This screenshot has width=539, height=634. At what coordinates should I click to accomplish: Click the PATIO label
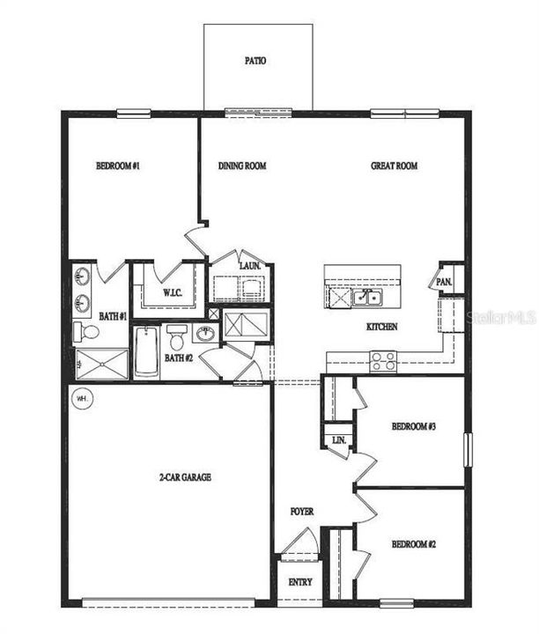pyautogui.click(x=255, y=62)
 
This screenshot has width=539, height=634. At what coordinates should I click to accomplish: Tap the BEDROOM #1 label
pyautogui.click(x=118, y=166)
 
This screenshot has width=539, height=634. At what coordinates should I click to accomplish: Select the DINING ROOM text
pyautogui.click(x=242, y=166)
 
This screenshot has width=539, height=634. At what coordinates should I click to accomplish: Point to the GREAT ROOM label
pyautogui.click(x=394, y=166)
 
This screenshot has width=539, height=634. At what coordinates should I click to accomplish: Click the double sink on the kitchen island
pyautogui.click(x=367, y=298)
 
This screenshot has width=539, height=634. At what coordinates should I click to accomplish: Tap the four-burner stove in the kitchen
pyautogui.click(x=383, y=360)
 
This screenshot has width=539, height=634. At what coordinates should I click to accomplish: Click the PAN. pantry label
pyautogui.click(x=444, y=282)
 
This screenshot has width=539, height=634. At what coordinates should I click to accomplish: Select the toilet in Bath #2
pyautogui.click(x=177, y=335)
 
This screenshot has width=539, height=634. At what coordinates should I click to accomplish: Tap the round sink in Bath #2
pyautogui.click(x=204, y=334)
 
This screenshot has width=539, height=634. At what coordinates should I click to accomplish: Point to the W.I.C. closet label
pyautogui.click(x=171, y=292)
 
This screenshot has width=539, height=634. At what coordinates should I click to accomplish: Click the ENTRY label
pyautogui.click(x=299, y=583)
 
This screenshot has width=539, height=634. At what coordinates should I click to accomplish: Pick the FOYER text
pyautogui.click(x=302, y=512)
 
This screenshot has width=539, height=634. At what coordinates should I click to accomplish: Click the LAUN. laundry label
pyautogui.click(x=249, y=265)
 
